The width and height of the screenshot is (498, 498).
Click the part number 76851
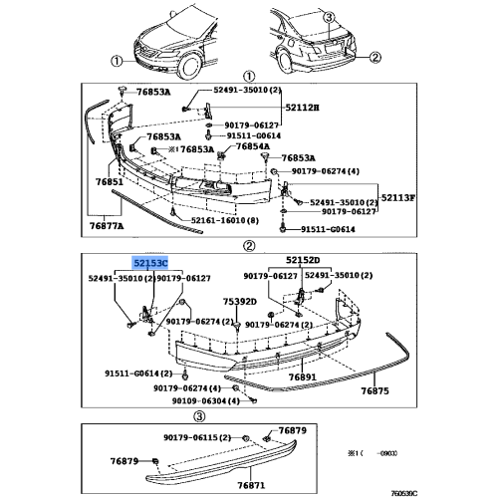pyautogui.click(x=109, y=183)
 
